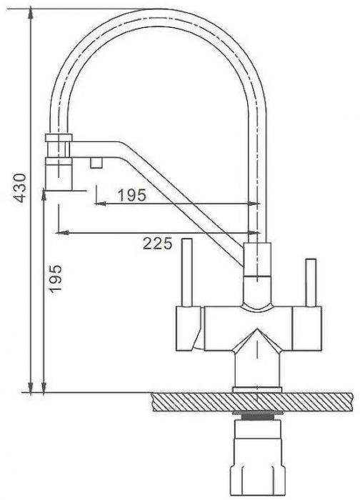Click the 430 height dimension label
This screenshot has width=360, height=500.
pos(21,188)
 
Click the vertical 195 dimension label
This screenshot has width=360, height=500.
pos(55,278)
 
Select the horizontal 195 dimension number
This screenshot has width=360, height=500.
pos(131,195)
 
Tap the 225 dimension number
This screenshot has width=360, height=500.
pos(157,244)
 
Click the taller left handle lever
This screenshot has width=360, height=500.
pos(187,272)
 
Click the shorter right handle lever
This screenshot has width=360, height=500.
pos(311,283)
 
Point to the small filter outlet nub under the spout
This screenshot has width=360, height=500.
pos(96,163)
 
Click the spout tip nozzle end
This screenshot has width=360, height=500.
pos(59,174)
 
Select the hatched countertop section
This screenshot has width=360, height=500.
pos(252,401)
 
